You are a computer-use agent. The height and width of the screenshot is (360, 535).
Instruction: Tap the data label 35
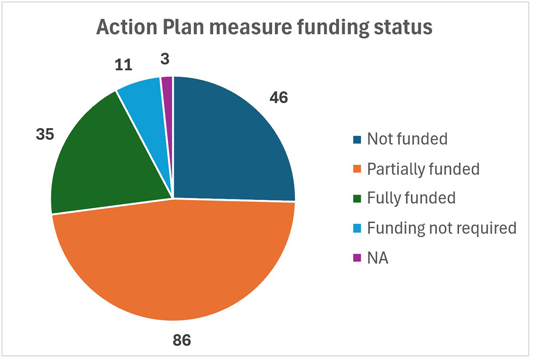[x=45, y=134]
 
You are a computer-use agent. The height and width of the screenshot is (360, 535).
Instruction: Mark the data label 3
[x=165, y=60]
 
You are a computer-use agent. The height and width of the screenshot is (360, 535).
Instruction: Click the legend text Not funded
[x=407, y=139]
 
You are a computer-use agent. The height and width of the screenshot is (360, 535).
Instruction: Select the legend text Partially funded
[x=423, y=169]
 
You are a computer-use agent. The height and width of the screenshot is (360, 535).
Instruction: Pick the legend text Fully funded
[x=411, y=198]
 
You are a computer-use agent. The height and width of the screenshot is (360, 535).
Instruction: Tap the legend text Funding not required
[x=442, y=228]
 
